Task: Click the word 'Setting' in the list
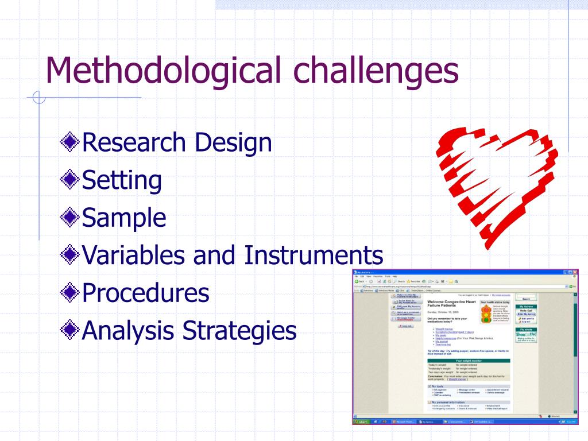pyautogui.click(x=122, y=180)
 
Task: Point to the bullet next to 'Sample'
pyautogui.click(x=70, y=218)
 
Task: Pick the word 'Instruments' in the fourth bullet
pyautogui.click(x=314, y=255)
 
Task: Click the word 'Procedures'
pyautogui.click(x=146, y=293)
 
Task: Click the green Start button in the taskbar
pyautogui.click(x=361, y=421)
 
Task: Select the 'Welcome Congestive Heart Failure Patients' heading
pyautogui.click(x=451, y=304)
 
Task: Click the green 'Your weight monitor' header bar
pyautogui.click(x=468, y=361)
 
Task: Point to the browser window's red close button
pyautogui.click(x=574, y=272)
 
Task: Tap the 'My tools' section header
pyautogui.click(x=438, y=386)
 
